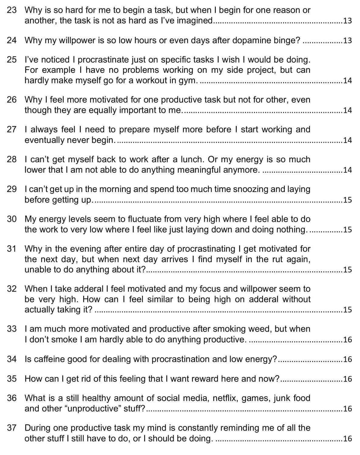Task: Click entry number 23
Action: (12, 10)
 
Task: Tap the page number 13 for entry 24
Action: (347, 40)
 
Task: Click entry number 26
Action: (12, 99)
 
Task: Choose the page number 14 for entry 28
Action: (347, 170)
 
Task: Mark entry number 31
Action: (12, 249)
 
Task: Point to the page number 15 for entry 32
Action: (347, 310)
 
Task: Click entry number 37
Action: (12, 428)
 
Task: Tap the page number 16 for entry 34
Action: (347, 359)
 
